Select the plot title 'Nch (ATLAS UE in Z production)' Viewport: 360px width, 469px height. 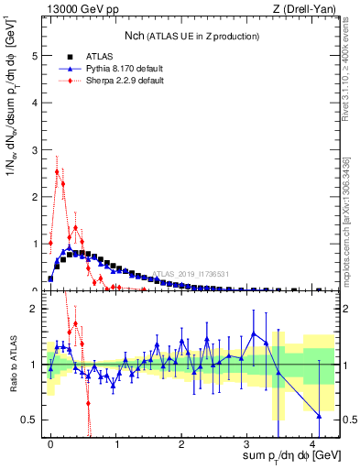(191, 36)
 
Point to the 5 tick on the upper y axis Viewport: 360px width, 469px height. (36, 55)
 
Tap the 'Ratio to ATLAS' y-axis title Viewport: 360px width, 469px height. (12, 364)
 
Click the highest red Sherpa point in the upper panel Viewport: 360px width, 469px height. (57, 171)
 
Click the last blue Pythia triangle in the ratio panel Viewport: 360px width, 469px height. (319, 416)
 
